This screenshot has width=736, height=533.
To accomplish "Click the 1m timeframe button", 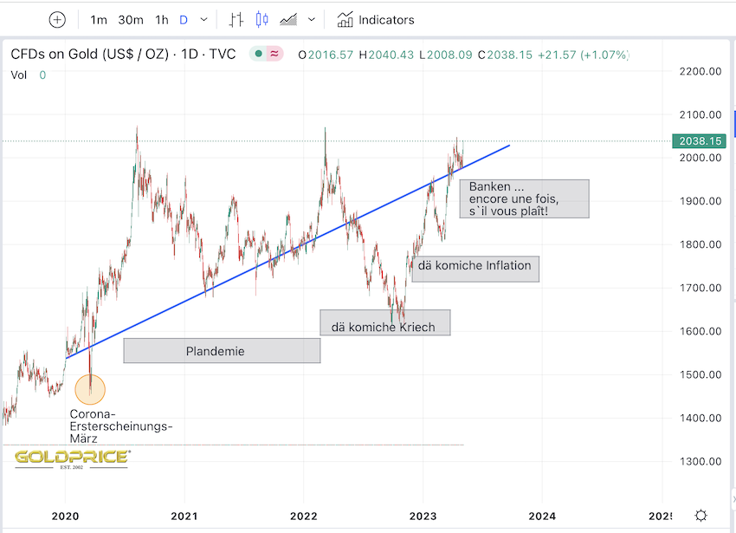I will pos(99,19).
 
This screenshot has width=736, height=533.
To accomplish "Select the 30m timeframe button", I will pos(131,19).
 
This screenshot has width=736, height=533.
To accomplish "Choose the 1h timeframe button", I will pos(162,19).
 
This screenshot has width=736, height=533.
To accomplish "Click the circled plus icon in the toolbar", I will pos(57,19).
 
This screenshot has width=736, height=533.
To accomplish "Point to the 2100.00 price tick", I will pos(700,114).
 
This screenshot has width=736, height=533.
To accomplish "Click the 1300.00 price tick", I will pos(700,461).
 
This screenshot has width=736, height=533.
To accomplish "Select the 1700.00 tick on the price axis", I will pos(700,288).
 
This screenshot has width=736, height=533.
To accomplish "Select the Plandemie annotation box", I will pos(222,351).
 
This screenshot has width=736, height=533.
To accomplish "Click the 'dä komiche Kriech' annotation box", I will pos(384,322).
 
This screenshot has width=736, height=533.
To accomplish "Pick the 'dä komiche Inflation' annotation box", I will pos(475,266).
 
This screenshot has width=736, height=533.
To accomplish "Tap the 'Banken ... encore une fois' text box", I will pos(523,198).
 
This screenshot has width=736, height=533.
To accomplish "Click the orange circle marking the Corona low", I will pos(90,389).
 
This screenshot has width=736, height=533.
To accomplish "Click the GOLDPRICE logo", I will pos(73,458).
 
